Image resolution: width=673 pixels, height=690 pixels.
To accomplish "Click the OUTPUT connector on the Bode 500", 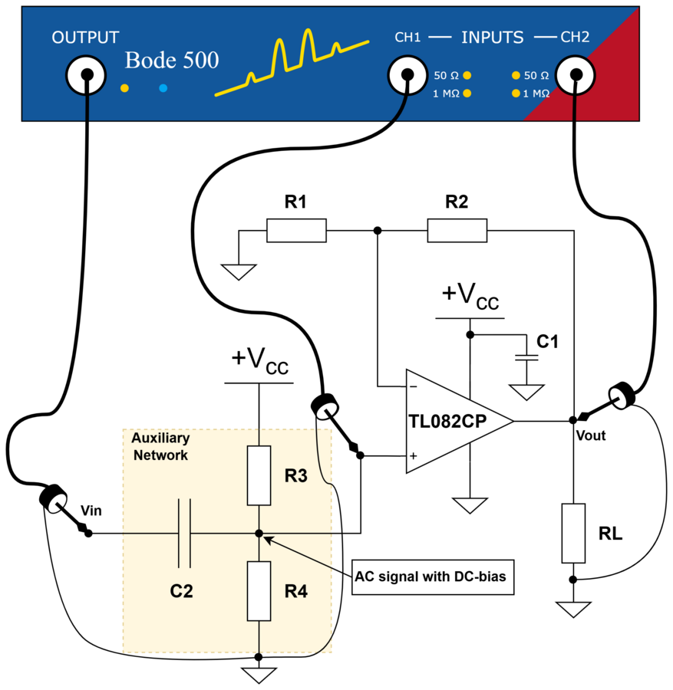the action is click(x=86, y=75).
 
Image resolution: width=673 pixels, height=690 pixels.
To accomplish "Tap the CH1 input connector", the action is click(x=407, y=75).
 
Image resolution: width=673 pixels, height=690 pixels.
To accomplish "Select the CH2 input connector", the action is click(x=576, y=75).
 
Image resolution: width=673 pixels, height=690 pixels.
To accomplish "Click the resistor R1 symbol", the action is click(x=296, y=230).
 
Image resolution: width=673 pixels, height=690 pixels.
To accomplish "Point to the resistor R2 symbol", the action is click(x=457, y=230).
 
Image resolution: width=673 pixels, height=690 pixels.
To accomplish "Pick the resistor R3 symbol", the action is click(x=259, y=475).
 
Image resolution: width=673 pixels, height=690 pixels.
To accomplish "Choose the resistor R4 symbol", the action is click(x=259, y=591).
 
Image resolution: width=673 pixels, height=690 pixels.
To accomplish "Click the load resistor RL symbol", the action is click(x=573, y=533).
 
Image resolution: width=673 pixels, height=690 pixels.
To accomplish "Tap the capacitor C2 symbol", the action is click(x=184, y=534).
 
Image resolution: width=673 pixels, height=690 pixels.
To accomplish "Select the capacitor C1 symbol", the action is click(x=526, y=356).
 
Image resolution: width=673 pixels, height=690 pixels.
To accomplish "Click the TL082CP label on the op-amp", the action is click(x=447, y=421).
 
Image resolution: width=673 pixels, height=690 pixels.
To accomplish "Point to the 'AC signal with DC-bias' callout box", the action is click(x=433, y=577).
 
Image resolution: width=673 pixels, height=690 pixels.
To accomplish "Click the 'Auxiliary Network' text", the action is click(x=160, y=446).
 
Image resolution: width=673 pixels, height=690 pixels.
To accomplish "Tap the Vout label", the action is click(x=591, y=435).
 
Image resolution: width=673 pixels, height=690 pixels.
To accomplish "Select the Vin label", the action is click(x=91, y=511).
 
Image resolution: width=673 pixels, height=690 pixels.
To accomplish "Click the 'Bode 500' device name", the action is click(x=172, y=60).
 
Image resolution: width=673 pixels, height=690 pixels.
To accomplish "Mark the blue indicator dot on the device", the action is click(x=163, y=88).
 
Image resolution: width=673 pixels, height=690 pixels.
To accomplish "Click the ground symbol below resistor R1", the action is click(x=239, y=271).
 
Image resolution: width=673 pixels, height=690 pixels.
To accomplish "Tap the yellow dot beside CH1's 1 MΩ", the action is click(x=467, y=94).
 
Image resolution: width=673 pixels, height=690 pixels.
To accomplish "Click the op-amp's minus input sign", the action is click(x=413, y=387).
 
